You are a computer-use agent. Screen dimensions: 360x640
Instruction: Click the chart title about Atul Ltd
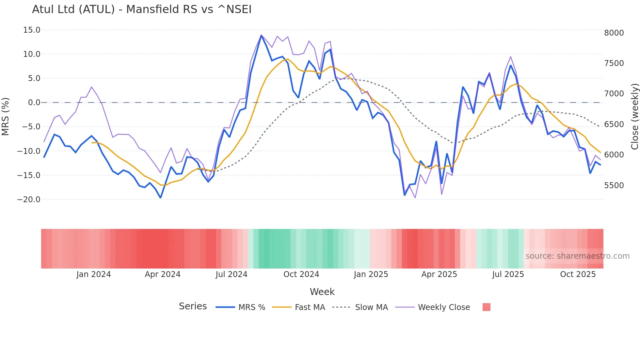[142, 9]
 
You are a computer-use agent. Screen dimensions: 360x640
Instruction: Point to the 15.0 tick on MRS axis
[32, 30]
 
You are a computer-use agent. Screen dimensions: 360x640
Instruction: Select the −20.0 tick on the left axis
[29, 200]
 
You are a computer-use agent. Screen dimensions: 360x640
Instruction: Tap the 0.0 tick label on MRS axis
[34, 103]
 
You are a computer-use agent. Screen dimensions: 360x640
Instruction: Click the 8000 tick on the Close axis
[614, 33]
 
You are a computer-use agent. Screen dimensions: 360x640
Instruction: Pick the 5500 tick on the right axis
[614, 186]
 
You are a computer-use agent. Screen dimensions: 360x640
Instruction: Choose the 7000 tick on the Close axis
[614, 94]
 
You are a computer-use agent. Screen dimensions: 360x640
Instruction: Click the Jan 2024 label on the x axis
[94, 274]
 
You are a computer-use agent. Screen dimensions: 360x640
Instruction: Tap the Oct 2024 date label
[301, 274]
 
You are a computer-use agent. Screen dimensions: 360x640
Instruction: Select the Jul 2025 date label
[508, 274]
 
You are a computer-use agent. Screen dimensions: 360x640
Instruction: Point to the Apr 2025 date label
[439, 274]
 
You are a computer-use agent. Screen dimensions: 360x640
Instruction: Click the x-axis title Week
[322, 292]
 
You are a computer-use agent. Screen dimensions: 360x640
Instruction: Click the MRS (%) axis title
[6, 116]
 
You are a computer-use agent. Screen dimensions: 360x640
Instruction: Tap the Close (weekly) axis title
[634, 117]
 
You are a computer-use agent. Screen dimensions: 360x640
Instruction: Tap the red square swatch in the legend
[486, 307]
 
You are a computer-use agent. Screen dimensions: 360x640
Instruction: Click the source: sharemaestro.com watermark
[577, 256]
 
